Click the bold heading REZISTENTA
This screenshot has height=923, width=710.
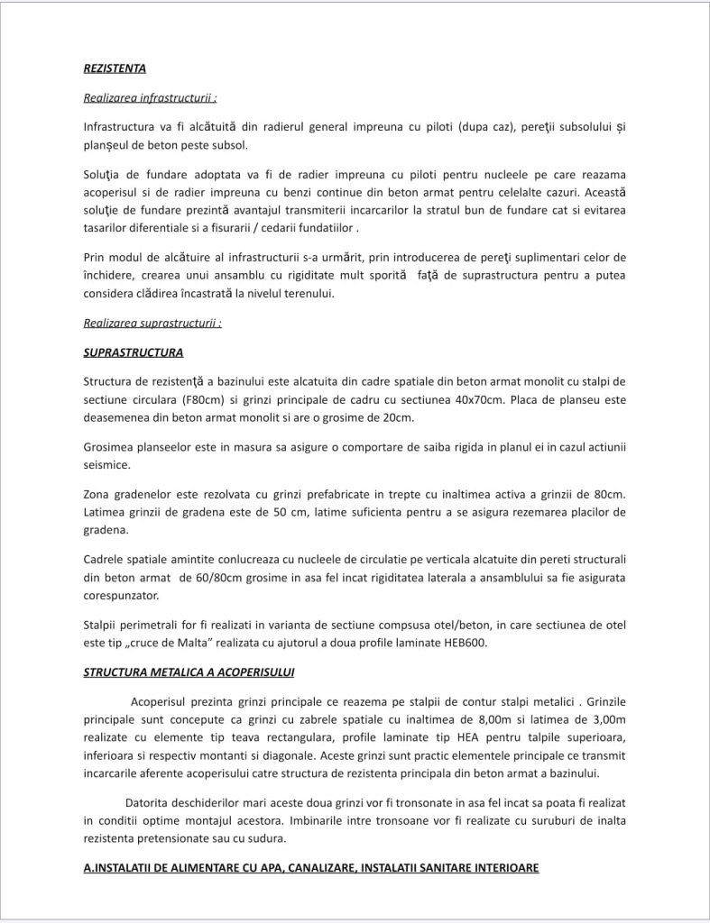(115, 68)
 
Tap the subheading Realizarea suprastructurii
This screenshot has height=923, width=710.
(152, 323)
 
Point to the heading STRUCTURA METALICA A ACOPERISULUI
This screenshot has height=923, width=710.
(189, 672)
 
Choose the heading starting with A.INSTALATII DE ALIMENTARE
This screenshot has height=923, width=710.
(311, 868)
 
